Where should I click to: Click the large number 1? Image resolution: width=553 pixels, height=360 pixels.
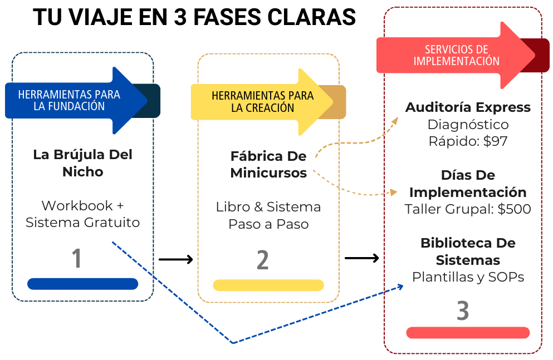coord(77,259)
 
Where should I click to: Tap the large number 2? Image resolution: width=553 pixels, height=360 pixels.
coord(263,260)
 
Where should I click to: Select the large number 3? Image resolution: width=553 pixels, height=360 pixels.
coord(463,311)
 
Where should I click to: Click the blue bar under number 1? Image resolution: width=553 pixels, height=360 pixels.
coord(82,284)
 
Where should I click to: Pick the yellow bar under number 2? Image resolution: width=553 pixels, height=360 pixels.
coord(268,285)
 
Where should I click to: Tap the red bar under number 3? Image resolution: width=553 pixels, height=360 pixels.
coord(468,333)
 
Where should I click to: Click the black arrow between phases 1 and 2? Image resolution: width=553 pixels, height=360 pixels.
coord(175,259)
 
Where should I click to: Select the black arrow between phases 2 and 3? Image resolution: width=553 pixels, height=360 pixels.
coord(362,258)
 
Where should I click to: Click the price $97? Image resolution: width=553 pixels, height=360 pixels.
coord(495,141)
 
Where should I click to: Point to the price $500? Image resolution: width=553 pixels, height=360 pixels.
coord(515,209)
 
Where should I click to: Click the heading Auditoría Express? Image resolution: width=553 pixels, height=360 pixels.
coord(468,107)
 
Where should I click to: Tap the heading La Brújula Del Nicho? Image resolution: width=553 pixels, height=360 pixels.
coord(82,163)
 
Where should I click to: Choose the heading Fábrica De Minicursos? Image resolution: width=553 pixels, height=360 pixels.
coord(268,165)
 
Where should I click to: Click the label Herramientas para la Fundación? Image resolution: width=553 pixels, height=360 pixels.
coord(69,100)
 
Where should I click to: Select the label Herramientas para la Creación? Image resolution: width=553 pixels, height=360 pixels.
coord(262,102)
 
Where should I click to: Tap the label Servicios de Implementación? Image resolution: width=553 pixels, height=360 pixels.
coord(456,55)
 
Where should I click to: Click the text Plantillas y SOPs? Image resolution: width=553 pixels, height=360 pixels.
coord(468,277)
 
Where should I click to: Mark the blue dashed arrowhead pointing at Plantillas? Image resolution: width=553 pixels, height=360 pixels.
coord(400,287)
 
